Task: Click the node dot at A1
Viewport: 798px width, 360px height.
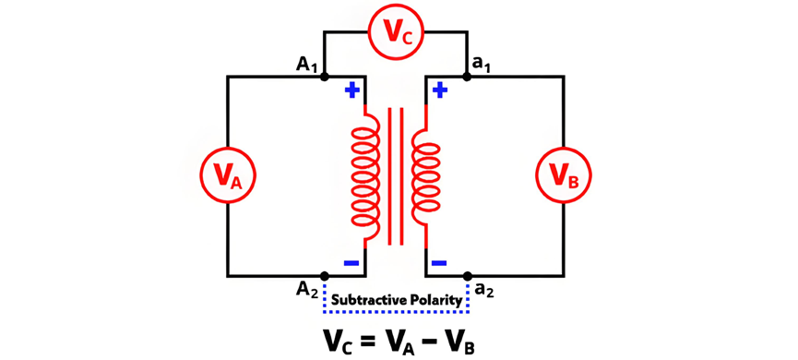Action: [325, 77]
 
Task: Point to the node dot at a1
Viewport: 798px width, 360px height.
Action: [467, 77]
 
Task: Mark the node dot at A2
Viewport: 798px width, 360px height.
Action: [325, 276]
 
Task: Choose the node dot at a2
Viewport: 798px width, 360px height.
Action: [467, 276]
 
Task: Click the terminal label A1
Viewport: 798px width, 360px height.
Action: [306, 66]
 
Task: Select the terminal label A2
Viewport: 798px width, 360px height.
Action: [307, 293]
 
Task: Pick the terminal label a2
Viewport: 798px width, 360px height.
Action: [484, 292]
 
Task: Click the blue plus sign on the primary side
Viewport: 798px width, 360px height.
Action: [352, 90]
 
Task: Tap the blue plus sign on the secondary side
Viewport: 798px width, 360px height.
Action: [440, 90]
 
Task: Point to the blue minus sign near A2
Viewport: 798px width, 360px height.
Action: [352, 263]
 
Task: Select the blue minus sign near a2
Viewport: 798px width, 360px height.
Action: [439, 263]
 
